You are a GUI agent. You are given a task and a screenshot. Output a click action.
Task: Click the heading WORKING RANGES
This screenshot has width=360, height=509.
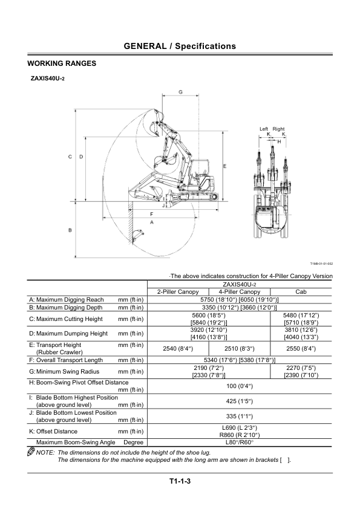pos(62,63)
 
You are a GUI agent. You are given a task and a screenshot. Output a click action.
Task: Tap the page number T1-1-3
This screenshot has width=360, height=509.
pos(180,481)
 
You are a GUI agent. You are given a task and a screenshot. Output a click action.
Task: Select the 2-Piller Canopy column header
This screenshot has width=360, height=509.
pos(178,291)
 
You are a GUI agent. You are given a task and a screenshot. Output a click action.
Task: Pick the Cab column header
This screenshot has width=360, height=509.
pos(301,291)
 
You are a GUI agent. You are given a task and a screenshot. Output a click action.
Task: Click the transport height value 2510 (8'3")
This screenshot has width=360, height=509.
pos(240,349)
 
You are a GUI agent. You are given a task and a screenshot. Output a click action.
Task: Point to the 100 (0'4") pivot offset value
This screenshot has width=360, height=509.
pos(240,386)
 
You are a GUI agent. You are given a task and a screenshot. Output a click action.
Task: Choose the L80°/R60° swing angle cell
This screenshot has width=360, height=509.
pos(240,442)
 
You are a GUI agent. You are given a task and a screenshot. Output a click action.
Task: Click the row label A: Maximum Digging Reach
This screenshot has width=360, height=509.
pos(67,300)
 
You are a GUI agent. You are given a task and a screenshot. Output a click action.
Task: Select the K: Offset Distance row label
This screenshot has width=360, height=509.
pos(53,432)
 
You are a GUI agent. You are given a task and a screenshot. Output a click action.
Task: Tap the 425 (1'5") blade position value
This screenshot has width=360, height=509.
pos(240,401)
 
